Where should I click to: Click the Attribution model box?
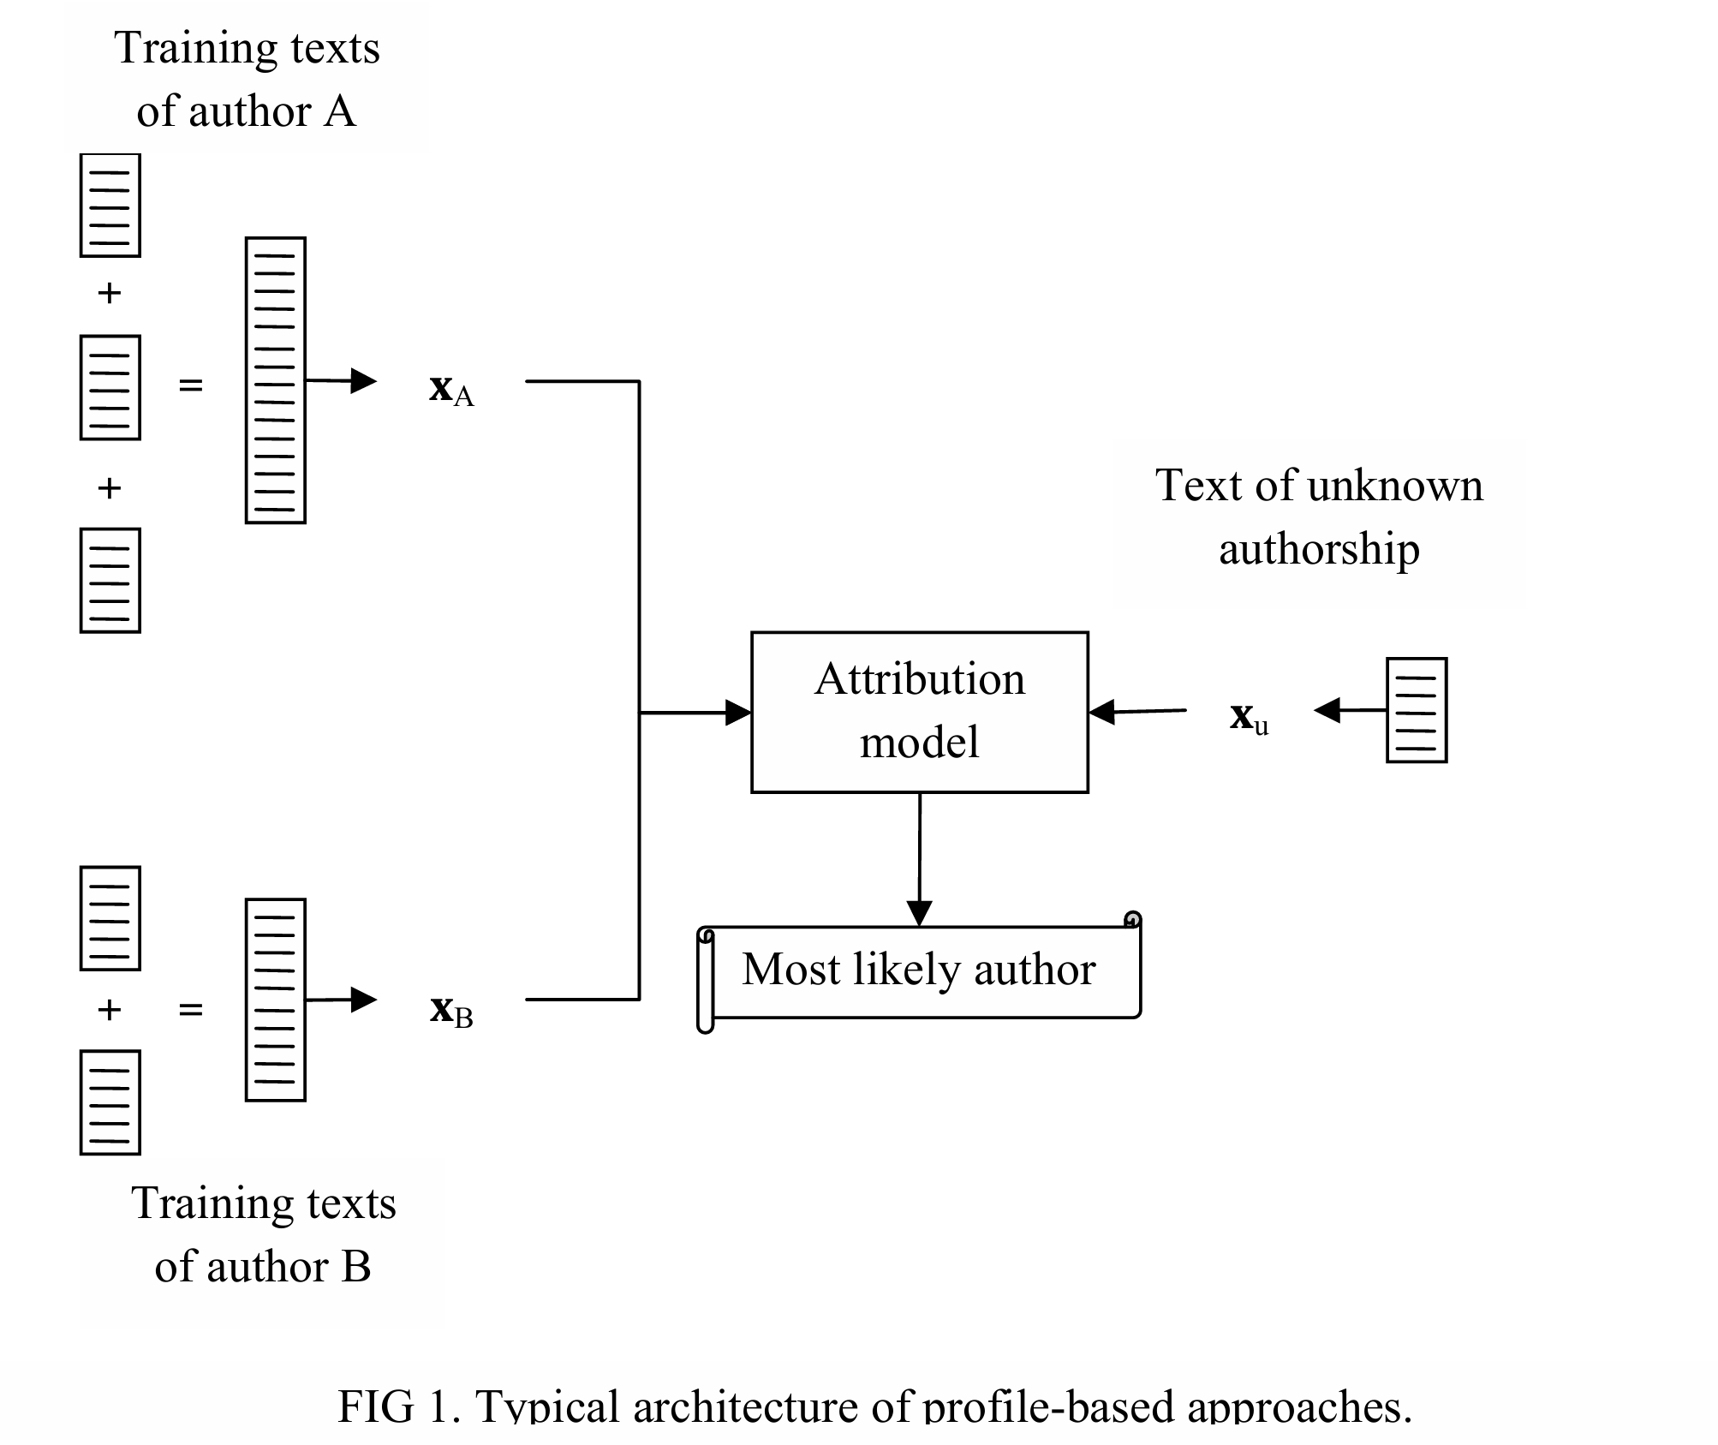(919, 712)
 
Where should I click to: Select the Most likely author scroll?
(919, 971)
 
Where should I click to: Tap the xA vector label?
(450, 390)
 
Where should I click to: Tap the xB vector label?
(450, 1011)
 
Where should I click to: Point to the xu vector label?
(1249, 718)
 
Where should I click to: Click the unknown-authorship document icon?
(1416, 710)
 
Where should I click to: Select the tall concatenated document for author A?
(275, 380)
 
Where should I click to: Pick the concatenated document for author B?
(275, 1000)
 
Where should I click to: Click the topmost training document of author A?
(110, 206)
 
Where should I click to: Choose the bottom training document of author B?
(110, 1102)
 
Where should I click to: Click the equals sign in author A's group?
(190, 385)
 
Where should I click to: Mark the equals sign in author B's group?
(190, 1010)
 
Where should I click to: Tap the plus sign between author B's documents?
(109, 1010)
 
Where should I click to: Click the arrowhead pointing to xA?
(364, 381)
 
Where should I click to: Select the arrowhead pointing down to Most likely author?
(919, 913)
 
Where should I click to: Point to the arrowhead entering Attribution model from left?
(737, 712)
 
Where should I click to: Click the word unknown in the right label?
(1395, 486)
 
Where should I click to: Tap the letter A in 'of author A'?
(339, 112)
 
